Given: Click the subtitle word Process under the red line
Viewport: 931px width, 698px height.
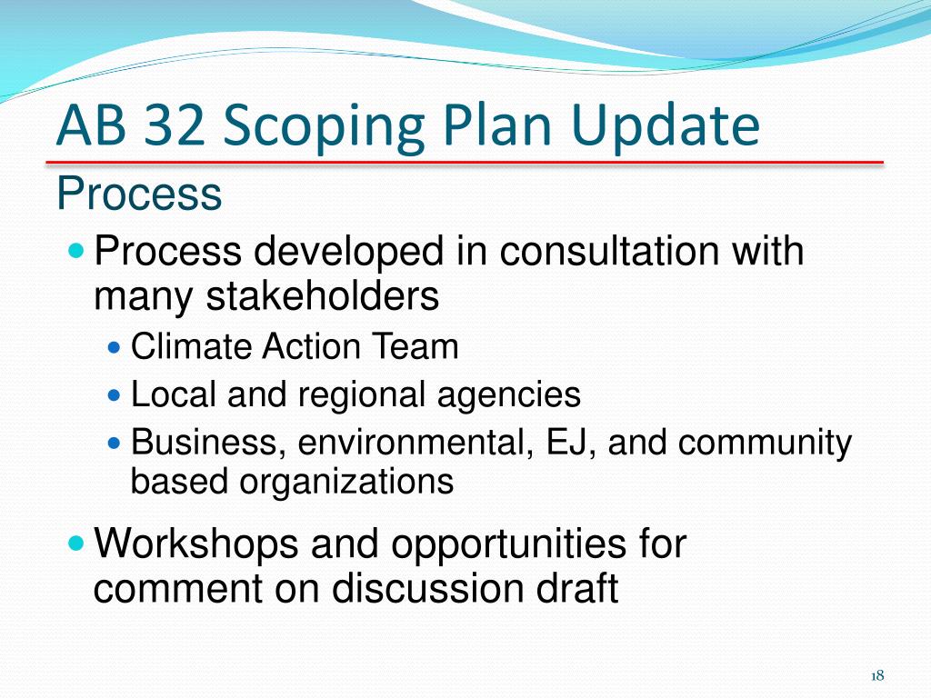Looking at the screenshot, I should [x=138, y=193].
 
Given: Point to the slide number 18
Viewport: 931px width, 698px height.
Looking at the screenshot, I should [x=877, y=674].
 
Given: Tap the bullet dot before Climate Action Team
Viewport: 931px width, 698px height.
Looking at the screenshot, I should [x=114, y=347].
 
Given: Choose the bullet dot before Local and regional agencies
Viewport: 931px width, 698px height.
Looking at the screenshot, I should [x=114, y=395].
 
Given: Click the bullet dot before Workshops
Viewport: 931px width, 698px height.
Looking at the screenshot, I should [x=76, y=544].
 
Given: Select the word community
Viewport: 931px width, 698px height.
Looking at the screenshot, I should [x=766, y=443].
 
